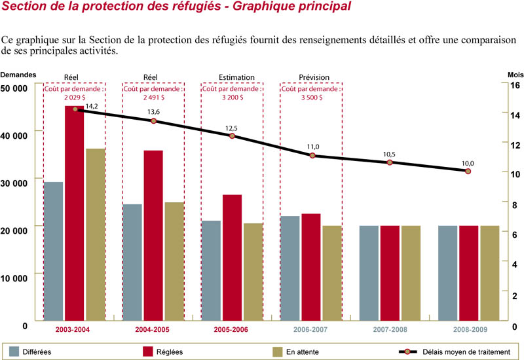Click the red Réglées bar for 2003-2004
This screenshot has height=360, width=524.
[x=74, y=213]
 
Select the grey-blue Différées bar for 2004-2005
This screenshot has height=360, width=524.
[x=133, y=262]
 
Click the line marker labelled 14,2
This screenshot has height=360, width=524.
[x=75, y=109]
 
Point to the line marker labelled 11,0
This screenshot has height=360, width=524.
[x=312, y=155]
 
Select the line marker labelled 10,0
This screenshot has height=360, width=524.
[x=468, y=171]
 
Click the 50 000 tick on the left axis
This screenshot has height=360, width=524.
[x=14, y=88]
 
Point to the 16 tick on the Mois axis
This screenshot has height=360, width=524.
[x=514, y=86]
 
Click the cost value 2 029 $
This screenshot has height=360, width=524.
[x=75, y=97]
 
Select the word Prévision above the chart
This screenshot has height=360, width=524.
[x=314, y=77]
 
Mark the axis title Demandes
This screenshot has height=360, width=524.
[x=18, y=75]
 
